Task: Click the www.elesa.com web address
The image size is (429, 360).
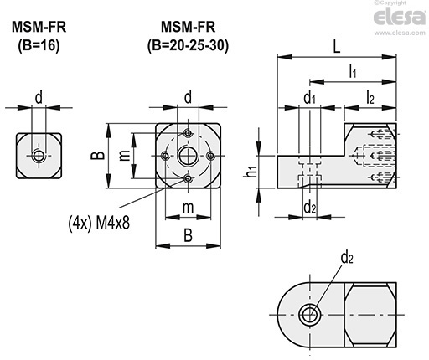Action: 400,33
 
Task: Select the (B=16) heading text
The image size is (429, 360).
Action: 39,45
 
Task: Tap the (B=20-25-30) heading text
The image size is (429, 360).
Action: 188,45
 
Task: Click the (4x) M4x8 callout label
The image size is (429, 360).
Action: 99,223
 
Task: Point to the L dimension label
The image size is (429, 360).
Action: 337,47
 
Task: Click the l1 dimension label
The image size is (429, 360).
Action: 353,71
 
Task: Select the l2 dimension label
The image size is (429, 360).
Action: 370,98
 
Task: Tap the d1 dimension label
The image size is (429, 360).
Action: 309,98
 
